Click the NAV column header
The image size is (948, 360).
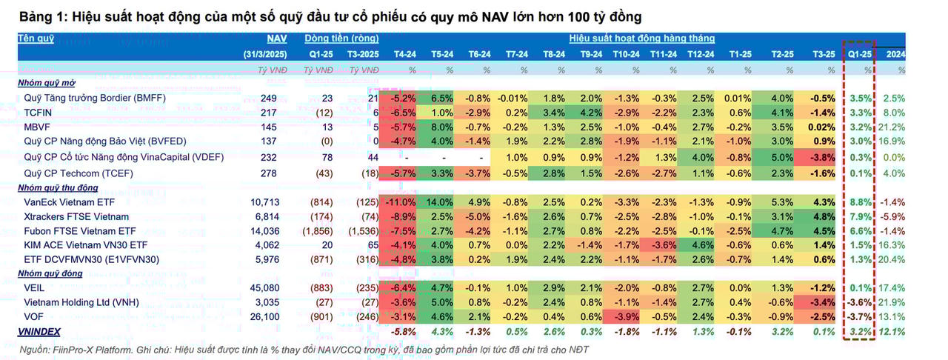coord(276,38)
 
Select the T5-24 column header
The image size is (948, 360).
coord(441,54)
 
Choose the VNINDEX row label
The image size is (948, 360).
coord(39,332)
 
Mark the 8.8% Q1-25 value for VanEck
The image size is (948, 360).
coord(861,201)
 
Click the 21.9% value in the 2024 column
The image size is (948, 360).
coord(894,302)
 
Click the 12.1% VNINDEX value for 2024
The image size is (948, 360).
coord(893,332)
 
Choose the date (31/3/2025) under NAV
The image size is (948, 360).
coord(265,54)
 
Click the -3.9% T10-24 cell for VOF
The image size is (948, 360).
coord(626,317)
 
